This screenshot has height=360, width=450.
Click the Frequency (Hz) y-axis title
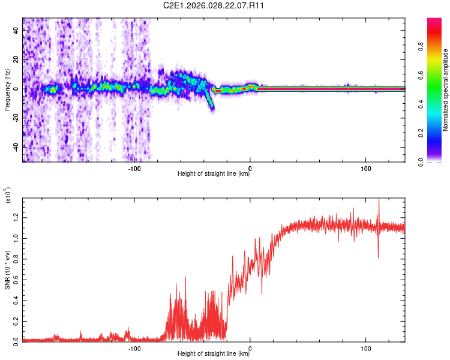coord(8,90)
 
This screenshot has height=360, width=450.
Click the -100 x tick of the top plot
coord(134,168)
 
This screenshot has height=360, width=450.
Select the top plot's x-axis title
coord(214,174)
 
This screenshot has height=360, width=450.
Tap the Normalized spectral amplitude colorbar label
coord(446,90)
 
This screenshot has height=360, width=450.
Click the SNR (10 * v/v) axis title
coord(8,268)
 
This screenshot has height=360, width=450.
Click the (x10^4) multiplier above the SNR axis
coord(8,196)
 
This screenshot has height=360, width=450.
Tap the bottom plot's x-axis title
coord(214,354)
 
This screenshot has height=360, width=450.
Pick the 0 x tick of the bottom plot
coord(250,348)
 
